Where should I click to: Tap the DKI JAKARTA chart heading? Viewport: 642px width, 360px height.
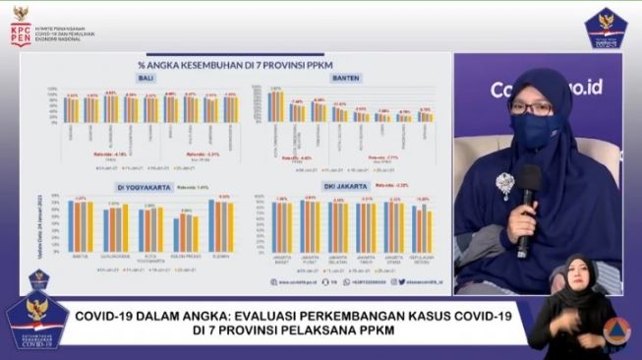click(x=346, y=186)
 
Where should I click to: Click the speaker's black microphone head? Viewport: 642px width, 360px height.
click(x=530, y=178)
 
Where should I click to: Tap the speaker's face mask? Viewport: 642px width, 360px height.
click(x=533, y=130)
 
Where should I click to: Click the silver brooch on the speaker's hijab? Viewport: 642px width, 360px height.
click(x=505, y=184)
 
